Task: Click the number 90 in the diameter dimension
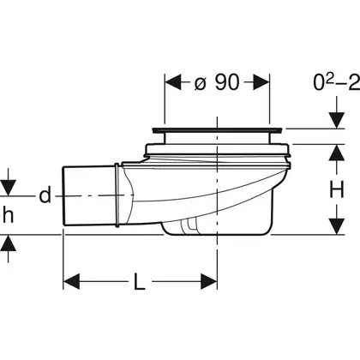coord(227,82)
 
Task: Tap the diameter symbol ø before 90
coord(200,84)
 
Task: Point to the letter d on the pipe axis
coord(45,195)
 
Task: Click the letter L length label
coord(140,281)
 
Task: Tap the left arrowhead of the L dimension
coord(71,281)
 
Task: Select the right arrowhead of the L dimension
coord(209,281)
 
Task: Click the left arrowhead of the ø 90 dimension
coord(173,82)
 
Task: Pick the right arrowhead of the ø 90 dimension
coord(261,82)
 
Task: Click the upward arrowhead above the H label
coord(336,153)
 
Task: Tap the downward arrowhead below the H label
coord(336,226)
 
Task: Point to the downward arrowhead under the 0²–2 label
coord(336,120)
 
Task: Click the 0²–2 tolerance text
coord(337,82)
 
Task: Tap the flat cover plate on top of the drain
coord(218,130)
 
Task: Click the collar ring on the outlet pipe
coord(117,195)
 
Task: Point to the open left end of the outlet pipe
coord(63,196)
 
